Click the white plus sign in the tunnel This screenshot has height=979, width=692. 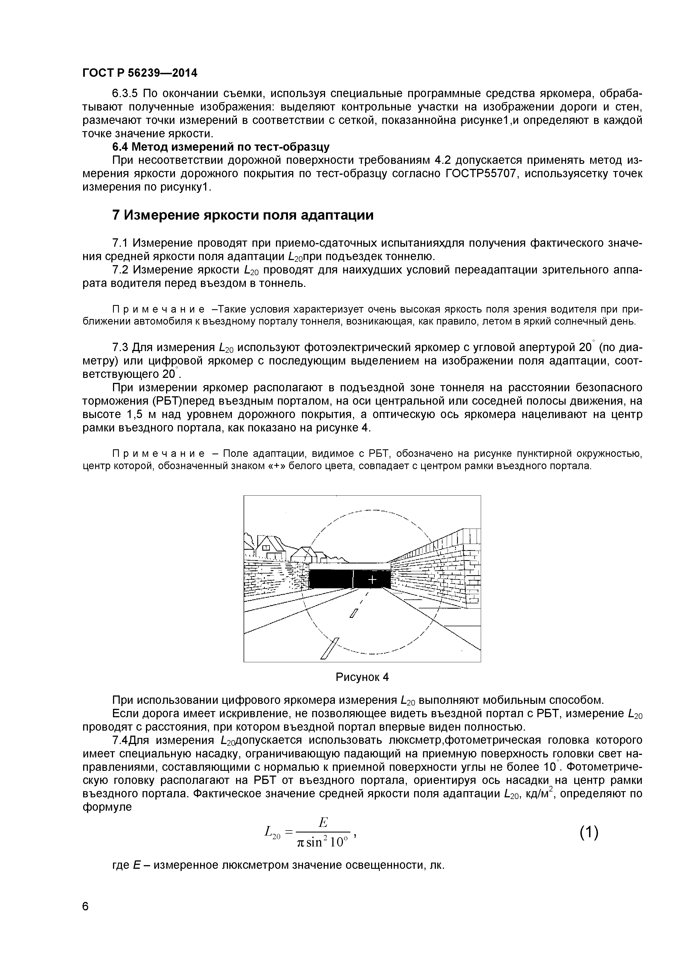[x=372, y=579]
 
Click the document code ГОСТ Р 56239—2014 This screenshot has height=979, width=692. [x=140, y=73]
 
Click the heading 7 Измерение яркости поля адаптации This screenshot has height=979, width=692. [x=242, y=215]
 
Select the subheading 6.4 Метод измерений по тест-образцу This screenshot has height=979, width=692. [x=220, y=147]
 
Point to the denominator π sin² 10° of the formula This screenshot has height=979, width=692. [x=323, y=842]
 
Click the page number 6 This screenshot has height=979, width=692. [x=86, y=918]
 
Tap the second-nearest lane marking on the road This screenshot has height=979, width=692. [x=354, y=613]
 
